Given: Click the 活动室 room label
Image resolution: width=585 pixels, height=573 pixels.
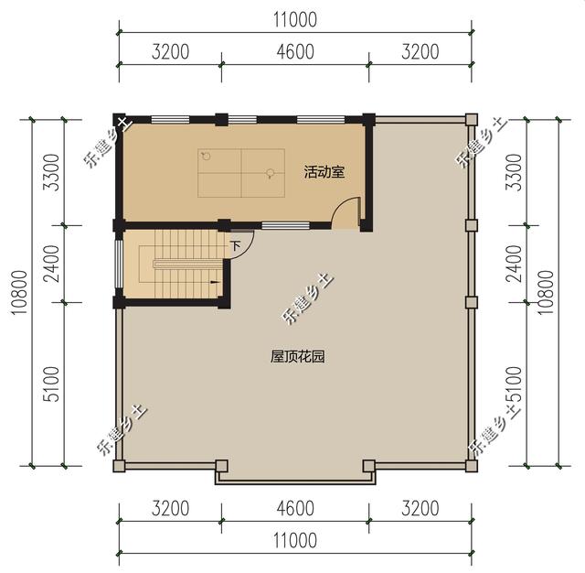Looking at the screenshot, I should click(324, 171).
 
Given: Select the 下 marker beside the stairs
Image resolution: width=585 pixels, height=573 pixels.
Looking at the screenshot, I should click(235, 246).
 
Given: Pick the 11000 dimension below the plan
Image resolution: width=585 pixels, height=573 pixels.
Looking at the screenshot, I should click(293, 541).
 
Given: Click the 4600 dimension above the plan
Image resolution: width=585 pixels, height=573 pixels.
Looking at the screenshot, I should click(293, 51).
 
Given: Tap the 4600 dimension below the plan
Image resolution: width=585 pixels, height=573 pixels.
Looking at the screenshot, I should click(293, 508).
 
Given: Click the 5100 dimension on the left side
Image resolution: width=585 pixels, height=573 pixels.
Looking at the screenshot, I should click(51, 384).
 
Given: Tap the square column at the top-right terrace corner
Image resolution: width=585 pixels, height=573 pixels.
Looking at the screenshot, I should click(471, 119).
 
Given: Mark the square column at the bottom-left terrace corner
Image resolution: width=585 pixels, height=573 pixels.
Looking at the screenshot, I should click(119, 466).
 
